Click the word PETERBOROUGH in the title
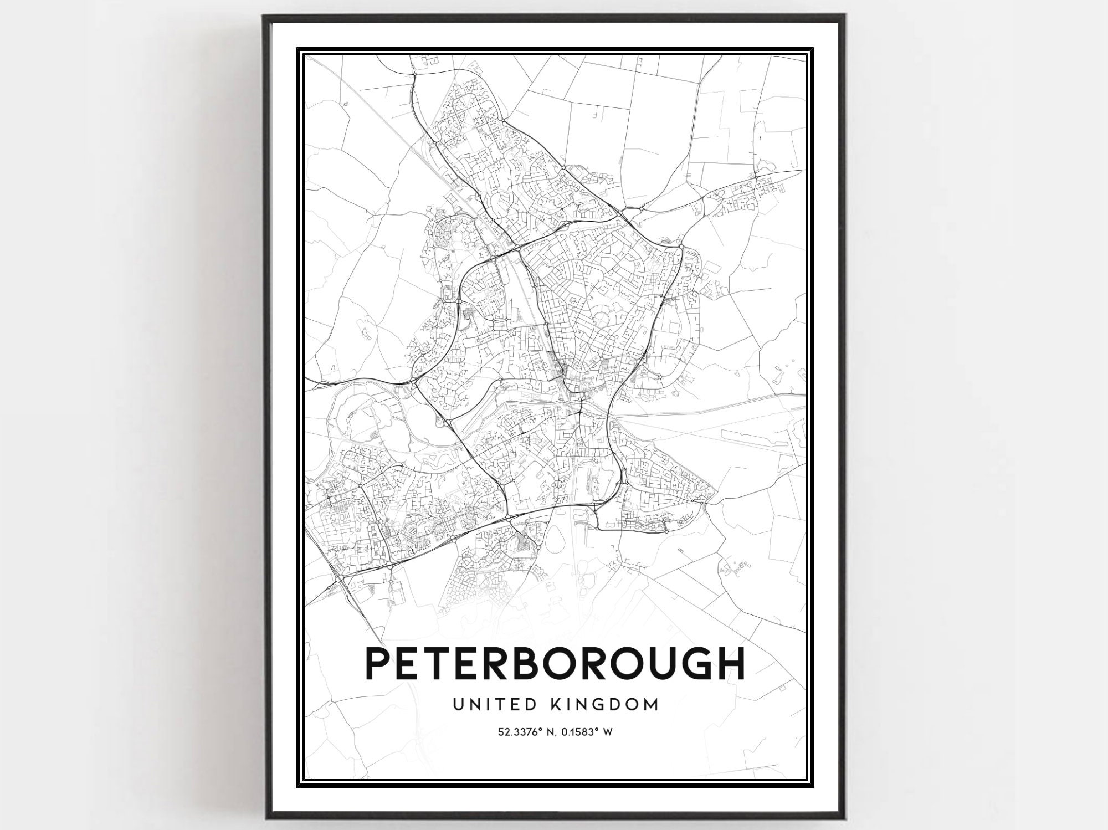(555, 663)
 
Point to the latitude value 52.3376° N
(526, 732)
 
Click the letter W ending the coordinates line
(608, 732)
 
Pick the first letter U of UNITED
(459, 705)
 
